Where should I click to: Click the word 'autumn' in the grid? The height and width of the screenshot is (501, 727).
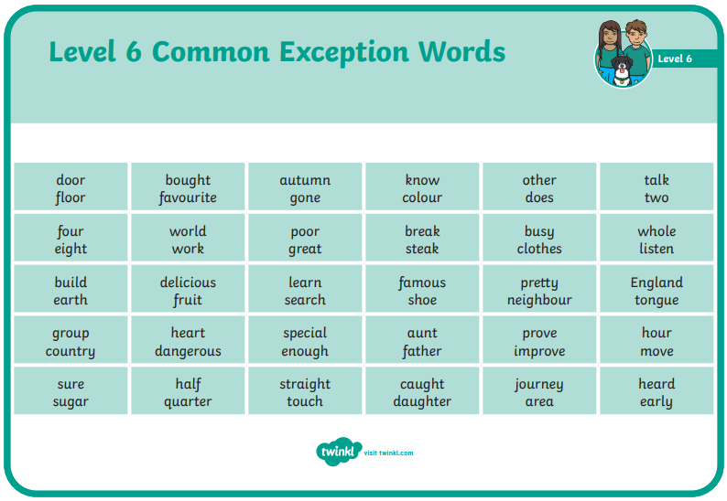(x=305, y=180)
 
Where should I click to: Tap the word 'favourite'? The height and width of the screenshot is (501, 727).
(x=188, y=197)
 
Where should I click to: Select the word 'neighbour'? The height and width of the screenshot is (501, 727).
(x=539, y=300)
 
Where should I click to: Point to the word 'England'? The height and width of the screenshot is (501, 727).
(x=656, y=282)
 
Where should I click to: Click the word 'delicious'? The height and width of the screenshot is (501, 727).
(x=188, y=282)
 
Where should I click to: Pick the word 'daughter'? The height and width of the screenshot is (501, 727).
(x=422, y=401)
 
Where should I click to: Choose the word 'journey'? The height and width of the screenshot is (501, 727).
(x=538, y=384)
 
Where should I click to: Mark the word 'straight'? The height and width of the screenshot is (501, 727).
(x=305, y=384)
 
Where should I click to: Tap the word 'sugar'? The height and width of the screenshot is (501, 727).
(x=71, y=402)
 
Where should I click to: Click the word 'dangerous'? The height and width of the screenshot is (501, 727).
(x=188, y=351)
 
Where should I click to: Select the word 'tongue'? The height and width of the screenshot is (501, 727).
(x=656, y=300)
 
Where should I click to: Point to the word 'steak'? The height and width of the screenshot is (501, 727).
(x=422, y=249)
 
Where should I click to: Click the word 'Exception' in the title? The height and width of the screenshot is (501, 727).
(x=344, y=53)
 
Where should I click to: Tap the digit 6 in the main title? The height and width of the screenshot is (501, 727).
(x=134, y=51)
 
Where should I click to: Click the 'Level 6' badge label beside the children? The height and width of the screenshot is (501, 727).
(x=675, y=59)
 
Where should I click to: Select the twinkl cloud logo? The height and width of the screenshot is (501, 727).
(x=339, y=451)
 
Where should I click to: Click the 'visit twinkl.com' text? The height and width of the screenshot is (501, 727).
(x=388, y=453)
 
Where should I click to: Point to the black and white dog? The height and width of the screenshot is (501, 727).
(x=622, y=70)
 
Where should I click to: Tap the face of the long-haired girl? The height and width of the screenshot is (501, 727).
(x=610, y=34)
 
